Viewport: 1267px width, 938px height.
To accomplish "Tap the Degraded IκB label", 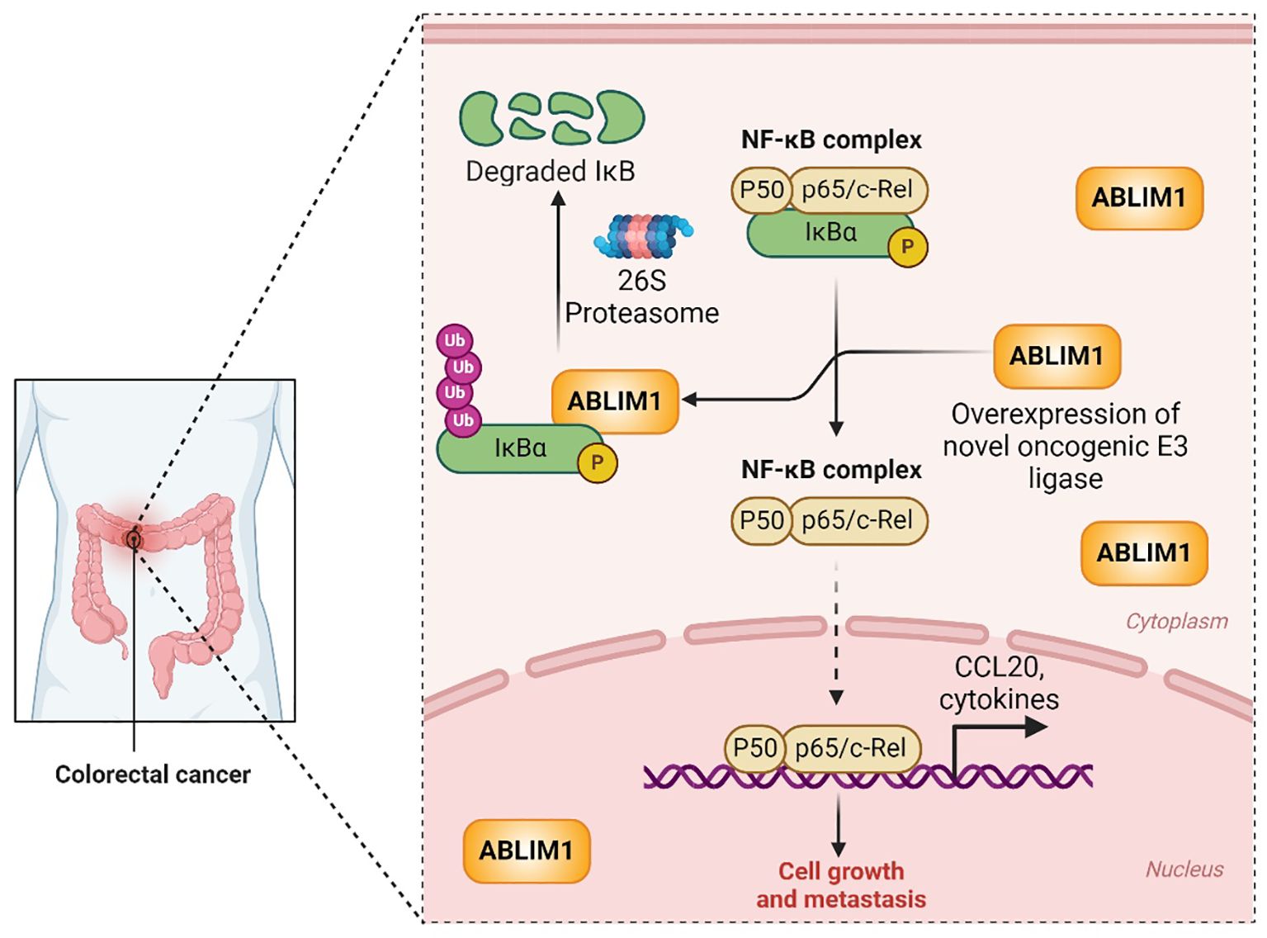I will click(x=550, y=171).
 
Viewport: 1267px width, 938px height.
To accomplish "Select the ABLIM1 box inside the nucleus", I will click(x=526, y=850).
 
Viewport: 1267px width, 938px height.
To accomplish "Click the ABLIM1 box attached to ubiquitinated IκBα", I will click(x=614, y=400).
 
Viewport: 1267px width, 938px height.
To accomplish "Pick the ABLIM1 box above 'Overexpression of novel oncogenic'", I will click(x=1057, y=356).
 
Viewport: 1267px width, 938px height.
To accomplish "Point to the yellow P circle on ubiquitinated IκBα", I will click(x=597, y=463).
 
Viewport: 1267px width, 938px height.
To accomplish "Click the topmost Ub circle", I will click(x=454, y=340).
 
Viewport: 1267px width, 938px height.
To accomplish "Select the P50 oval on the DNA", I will click(x=754, y=748).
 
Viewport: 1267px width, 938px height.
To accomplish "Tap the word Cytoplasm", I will click(x=1176, y=621).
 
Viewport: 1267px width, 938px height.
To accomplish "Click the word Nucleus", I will click(x=1184, y=869).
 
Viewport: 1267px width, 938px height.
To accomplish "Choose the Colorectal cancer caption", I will click(x=153, y=775).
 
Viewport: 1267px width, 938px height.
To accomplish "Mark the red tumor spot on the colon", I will click(x=132, y=539).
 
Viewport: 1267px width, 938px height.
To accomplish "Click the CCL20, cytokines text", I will click(x=999, y=683).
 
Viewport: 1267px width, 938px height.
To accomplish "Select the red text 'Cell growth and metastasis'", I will click(x=840, y=884).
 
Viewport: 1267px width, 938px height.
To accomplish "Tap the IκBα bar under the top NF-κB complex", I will click(x=830, y=234).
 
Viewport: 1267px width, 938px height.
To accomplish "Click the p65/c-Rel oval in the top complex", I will click(x=857, y=190).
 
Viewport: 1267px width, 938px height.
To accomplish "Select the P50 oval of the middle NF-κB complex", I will click(x=761, y=520).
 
